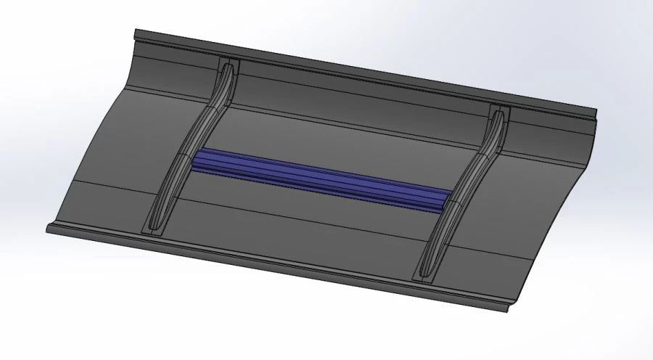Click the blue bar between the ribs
323,179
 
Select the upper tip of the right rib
498,111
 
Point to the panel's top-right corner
596,112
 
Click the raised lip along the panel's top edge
363,73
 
